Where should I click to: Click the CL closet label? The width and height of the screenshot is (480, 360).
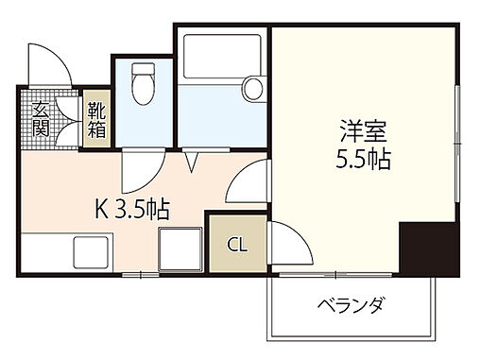point(237,246)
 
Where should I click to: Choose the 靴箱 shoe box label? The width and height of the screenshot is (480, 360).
point(97,119)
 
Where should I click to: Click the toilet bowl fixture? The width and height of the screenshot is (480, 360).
point(144,84)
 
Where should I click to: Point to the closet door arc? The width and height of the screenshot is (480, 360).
point(290,245)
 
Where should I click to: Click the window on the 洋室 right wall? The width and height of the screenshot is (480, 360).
point(456,142)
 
